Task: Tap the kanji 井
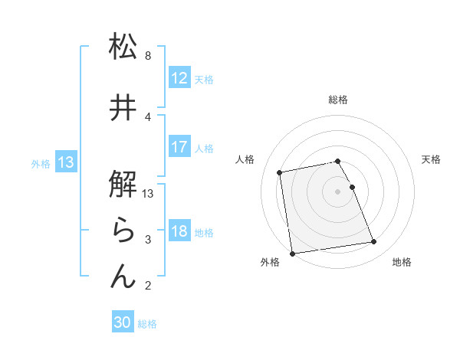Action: point(123,108)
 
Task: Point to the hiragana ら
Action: point(123,230)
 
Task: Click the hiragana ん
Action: point(123,276)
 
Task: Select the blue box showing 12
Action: point(179,78)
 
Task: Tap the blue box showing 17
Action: point(179,147)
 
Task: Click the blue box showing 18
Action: point(179,231)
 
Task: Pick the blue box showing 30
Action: point(123,322)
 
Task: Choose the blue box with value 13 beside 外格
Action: point(66,162)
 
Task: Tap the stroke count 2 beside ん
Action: point(148,286)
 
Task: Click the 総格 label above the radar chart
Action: point(338,100)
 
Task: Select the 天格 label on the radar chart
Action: point(432,159)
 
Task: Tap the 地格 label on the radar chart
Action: point(402,262)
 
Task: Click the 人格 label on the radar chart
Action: point(245,159)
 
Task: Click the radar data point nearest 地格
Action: point(373,242)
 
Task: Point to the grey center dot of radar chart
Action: point(338,191)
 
